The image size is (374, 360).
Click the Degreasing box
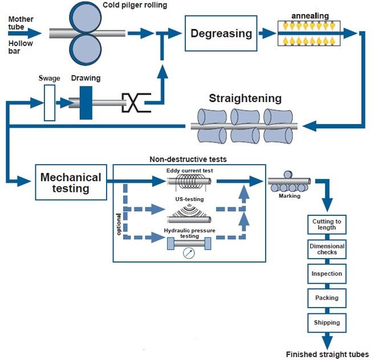coord(221,33)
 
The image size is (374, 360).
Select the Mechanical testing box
coord(70,182)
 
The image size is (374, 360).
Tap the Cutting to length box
coord(327,224)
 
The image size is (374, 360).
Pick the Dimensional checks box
coord(327,249)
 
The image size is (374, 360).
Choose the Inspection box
coord(327,273)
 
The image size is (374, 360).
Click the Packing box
coord(327,298)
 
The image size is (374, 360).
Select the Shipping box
coord(327,322)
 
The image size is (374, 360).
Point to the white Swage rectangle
coord(50,103)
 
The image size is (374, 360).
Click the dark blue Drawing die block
coord(86,103)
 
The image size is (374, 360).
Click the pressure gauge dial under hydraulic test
coord(189,252)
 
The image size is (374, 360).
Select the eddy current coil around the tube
coord(188,182)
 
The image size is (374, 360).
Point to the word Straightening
coord(245,98)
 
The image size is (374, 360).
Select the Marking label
coord(290,196)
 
